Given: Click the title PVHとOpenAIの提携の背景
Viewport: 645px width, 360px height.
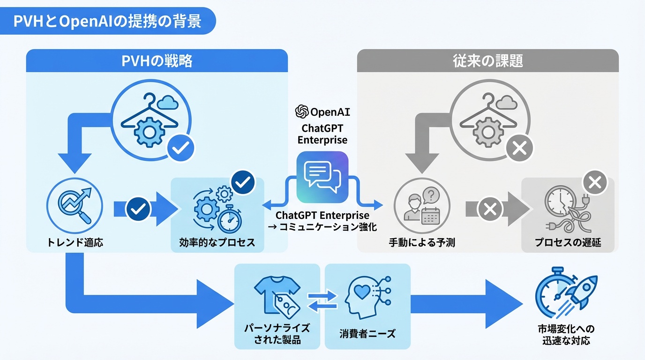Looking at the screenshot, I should (x=107, y=22).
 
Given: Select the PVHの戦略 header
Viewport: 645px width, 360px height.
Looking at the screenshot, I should (x=157, y=61).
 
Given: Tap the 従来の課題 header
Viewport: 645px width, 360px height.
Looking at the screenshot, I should (x=487, y=61).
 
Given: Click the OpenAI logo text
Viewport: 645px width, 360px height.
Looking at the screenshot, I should (x=322, y=112).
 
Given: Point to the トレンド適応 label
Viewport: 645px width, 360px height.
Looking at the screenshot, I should (x=75, y=242).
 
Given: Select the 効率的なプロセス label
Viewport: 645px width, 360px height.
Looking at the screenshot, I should (x=217, y=242).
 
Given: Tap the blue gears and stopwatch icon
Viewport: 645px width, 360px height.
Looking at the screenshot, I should (x=217, y=209).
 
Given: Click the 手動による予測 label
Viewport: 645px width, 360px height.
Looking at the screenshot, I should (x=422, y=242).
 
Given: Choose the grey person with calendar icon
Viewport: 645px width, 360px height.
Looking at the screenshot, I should (x=422, y=208).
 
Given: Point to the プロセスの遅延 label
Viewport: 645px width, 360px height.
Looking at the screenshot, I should (x=568, y=242).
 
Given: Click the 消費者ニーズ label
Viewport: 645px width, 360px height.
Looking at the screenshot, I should (x=367, y=334).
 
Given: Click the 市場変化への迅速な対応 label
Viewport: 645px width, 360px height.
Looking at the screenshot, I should (x=566, y=334).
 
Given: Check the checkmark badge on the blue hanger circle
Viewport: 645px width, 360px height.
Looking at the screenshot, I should (x=180, y=150).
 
